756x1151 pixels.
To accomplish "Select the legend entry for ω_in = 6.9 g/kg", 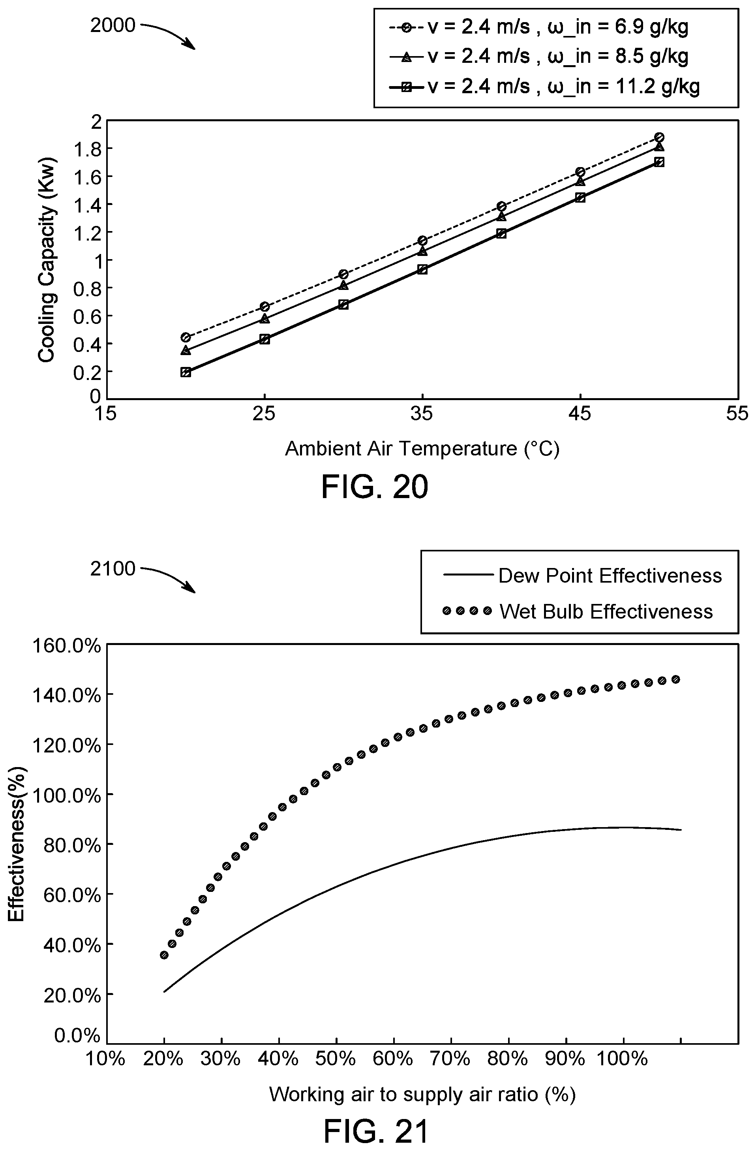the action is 538,28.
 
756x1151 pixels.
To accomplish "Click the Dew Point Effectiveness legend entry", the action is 582,575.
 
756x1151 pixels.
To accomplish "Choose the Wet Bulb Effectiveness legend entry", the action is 578,611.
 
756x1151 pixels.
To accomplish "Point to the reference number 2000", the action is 113,25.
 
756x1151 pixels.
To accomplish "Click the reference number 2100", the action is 113,569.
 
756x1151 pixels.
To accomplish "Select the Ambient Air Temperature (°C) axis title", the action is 422,449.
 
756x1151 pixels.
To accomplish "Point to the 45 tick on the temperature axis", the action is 580,414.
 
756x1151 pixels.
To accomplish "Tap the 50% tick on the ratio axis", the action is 336,1059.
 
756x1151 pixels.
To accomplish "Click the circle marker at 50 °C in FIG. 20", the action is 659,137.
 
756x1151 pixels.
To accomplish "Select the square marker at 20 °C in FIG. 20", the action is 186,372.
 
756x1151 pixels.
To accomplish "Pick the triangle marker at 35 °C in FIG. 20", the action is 422,250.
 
